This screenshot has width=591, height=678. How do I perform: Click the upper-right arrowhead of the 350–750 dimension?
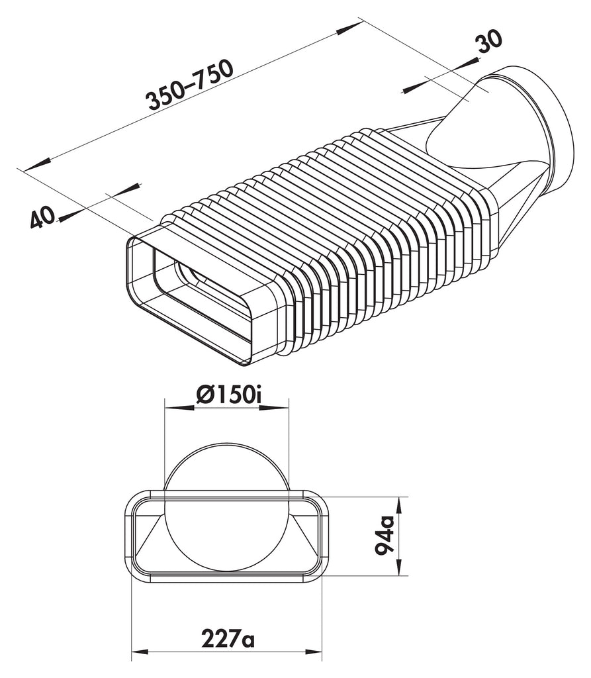click(x=351, y=27)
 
